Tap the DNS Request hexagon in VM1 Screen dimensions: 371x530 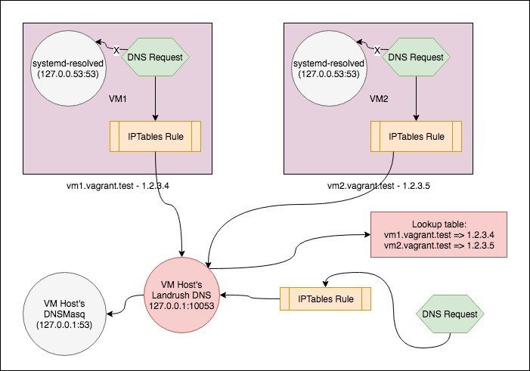(156, 54)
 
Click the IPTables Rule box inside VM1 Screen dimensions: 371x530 (156, 137)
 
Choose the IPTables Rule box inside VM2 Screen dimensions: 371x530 (416, 137)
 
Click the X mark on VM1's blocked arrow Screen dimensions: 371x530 (117, 51)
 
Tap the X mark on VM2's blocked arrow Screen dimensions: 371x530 (377, 51)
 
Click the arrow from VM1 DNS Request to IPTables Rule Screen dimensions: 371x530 (156, 96)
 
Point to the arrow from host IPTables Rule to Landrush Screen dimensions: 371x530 (250, 298)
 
